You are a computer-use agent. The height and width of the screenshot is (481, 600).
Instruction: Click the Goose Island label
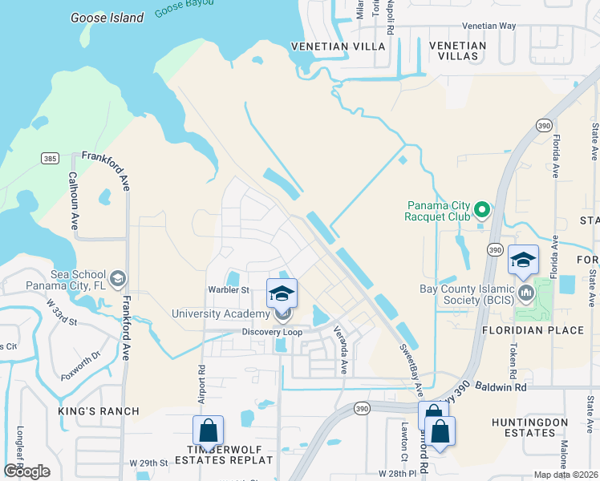[107, 18]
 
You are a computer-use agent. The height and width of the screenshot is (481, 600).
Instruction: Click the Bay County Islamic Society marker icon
[526, 290]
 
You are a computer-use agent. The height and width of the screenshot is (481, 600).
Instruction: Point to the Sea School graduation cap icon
[118, 278]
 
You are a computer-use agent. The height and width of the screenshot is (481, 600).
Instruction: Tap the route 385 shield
[49, 160]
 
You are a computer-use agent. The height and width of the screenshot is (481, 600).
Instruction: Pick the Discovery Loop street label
[274, 332]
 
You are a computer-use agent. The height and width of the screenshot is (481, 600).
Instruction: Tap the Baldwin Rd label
[503, 387]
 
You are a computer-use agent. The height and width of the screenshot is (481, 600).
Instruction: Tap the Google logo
[26, 471]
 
